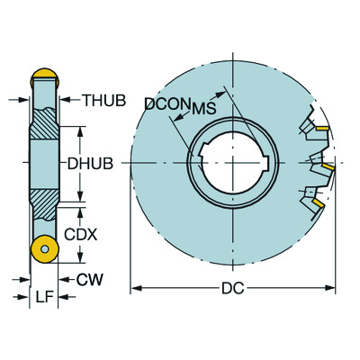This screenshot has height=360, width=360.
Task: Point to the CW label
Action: tap(89, 280)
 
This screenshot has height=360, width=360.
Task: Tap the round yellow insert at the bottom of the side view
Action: tap(41, 250)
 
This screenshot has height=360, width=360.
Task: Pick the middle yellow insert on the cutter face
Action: tap(329, 168)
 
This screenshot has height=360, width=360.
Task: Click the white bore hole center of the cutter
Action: tap(234, 163)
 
